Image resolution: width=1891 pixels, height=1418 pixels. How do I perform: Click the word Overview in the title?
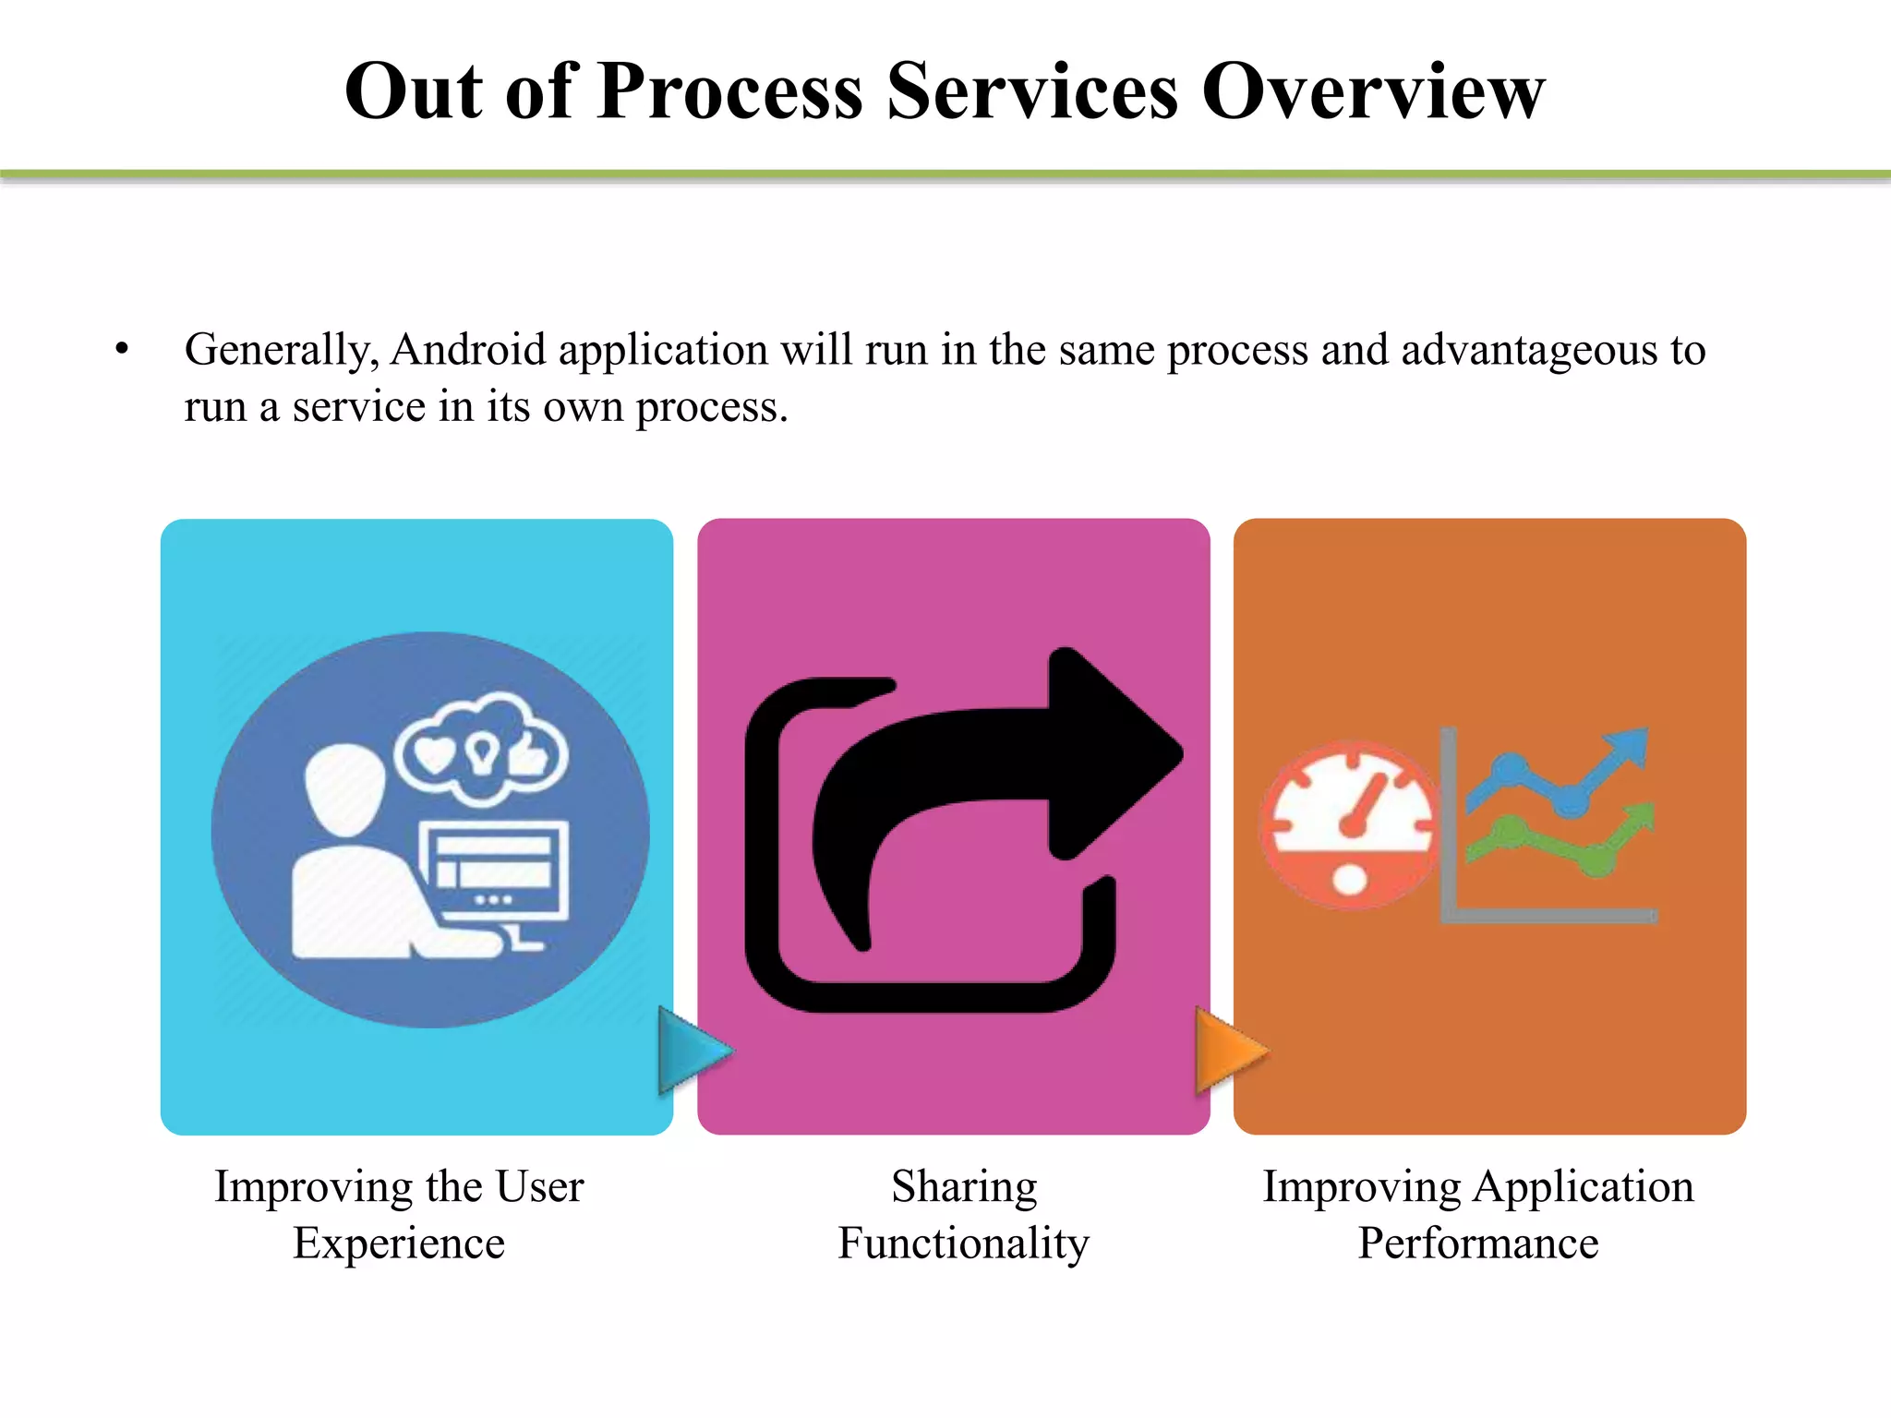point(1373,91)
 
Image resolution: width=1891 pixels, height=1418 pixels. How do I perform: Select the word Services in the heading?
point(1032,91)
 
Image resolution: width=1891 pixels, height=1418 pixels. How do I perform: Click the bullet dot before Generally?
point(122,350)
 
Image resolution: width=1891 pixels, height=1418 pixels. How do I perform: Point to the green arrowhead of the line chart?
point(1637,817)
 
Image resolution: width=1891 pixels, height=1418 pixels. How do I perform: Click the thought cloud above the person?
point(481,749)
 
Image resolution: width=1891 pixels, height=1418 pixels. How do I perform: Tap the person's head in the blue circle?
point(344,789)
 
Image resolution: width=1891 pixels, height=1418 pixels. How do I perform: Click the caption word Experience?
point(399,1244)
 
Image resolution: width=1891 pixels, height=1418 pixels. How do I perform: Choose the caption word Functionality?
point(963,1244)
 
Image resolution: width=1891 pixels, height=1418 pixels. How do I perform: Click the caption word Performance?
point(1477,1244)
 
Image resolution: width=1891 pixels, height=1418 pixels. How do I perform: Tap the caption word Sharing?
point(963,1187)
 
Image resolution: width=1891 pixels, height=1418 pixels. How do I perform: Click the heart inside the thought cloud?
point(433,754)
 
